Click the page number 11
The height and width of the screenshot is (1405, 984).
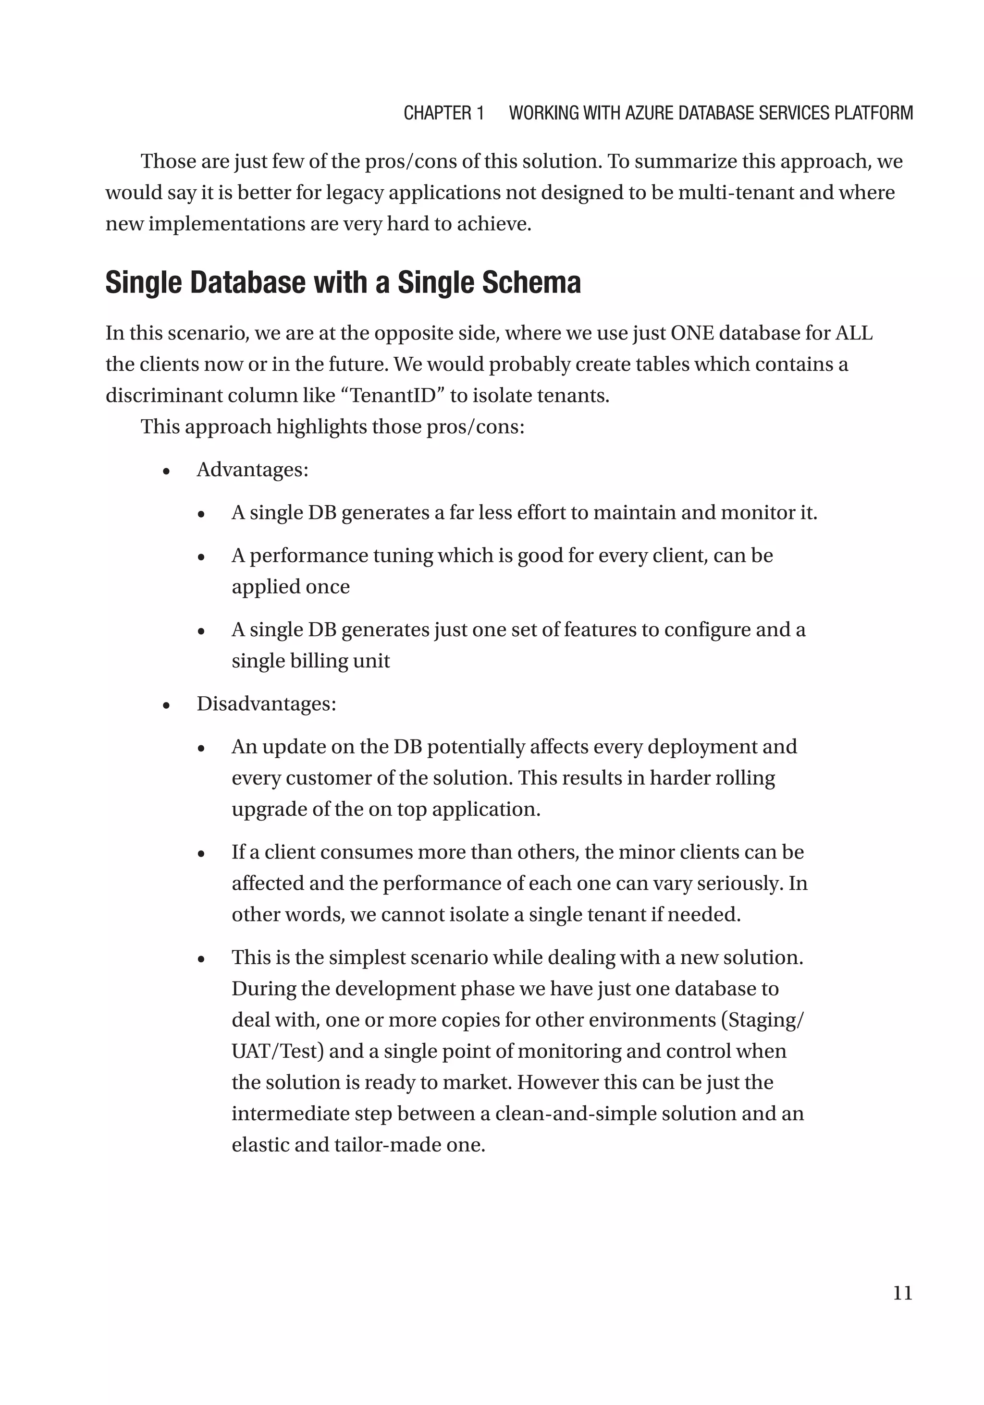(x=902, y=1293)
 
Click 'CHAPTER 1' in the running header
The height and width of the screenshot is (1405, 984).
(x=443, y=113)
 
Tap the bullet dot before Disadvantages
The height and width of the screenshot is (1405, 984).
(x=166, y=705)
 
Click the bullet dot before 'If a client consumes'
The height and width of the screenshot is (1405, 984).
(x=201, y=854)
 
